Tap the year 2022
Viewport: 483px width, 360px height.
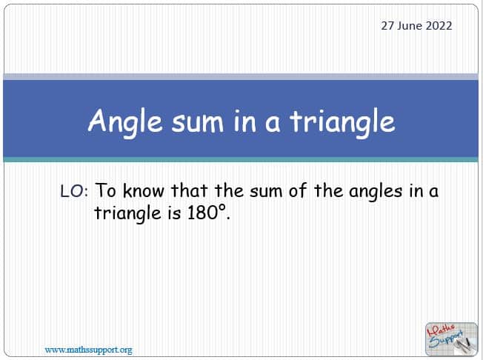pos(439,26)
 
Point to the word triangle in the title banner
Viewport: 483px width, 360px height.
pos(342,122)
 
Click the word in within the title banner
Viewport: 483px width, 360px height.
pos(245,121)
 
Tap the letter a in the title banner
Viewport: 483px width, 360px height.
pos(273,124)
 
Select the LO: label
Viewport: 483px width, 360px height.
pos(74,191)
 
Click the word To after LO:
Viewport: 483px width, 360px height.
pos(106,190)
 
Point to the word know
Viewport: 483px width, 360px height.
pos(143,190)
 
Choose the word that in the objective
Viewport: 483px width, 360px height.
pos(189,190)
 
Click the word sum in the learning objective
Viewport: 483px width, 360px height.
pos(266,192)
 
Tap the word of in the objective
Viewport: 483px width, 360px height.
pos(297,190)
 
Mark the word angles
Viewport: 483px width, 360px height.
pos(376,192)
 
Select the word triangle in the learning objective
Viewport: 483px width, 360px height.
pos(127,214)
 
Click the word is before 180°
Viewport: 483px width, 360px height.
pos(174,213)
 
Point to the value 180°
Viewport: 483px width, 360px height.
pos(209,213)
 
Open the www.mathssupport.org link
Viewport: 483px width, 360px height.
pos(88,350)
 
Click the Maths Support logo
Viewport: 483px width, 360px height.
pos(451,339)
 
